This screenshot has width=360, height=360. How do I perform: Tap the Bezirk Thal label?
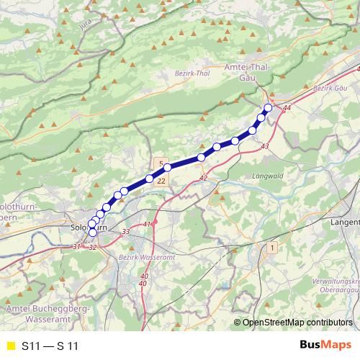(x=192, y=73)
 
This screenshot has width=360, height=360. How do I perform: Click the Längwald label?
(x=267, y=175)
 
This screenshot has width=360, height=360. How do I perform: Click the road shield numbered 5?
(x=161, y=163)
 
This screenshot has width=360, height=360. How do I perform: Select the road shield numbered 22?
(x=161, y=181)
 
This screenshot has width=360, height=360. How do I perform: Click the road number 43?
(x=265, y=147)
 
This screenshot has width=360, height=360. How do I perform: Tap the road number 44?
(x=287, y=108)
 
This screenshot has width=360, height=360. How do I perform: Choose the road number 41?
(x=148, y=225)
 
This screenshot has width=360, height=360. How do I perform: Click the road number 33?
(x=126, y=231)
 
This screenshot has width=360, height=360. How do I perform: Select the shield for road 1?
(x=272, y=248)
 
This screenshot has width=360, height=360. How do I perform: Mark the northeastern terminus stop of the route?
(x=269, y=108)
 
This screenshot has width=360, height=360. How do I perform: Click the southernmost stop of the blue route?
(x=92, y=233)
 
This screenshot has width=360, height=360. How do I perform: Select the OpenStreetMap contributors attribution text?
(x=297, y=323)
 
